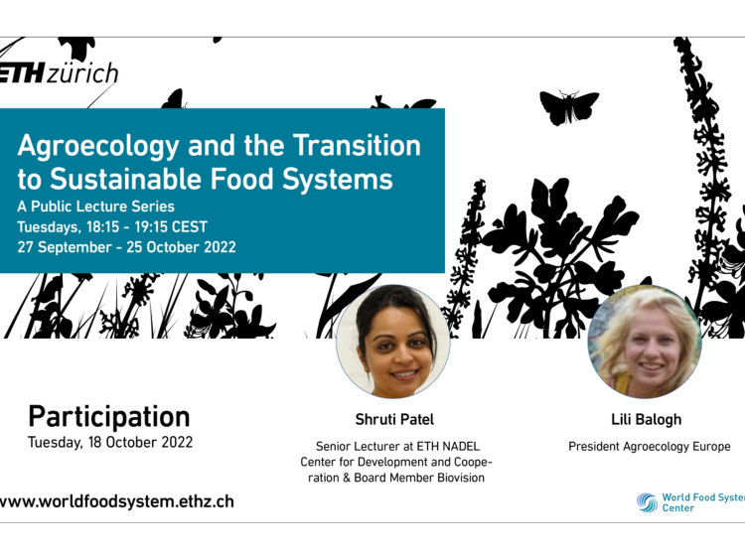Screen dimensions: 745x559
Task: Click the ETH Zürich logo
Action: (58, 73)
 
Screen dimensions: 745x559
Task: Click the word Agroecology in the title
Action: (98, 146)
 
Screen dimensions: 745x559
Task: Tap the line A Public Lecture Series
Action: (96, 207)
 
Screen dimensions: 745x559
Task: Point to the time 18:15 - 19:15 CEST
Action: (147, 227)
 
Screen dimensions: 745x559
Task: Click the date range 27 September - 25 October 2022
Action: (126, 247)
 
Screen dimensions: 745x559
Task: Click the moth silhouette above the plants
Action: (569, 107)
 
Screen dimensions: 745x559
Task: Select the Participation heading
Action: (109, 417)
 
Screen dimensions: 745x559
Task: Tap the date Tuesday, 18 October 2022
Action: (110, 442)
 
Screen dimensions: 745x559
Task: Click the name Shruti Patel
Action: (394, 419)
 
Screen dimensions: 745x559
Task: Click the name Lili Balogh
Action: (647, 419)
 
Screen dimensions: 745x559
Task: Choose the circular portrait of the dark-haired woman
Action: (393, 342)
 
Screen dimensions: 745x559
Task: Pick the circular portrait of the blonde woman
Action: (645, 342)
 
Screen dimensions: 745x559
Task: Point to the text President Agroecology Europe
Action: (650, 447)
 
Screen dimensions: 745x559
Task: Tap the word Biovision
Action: (460, 478)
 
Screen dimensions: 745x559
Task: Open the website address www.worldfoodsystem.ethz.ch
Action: (117, 502)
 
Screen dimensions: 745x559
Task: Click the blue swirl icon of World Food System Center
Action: (647, 502)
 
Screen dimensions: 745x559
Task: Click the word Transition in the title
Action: (357, 145)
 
